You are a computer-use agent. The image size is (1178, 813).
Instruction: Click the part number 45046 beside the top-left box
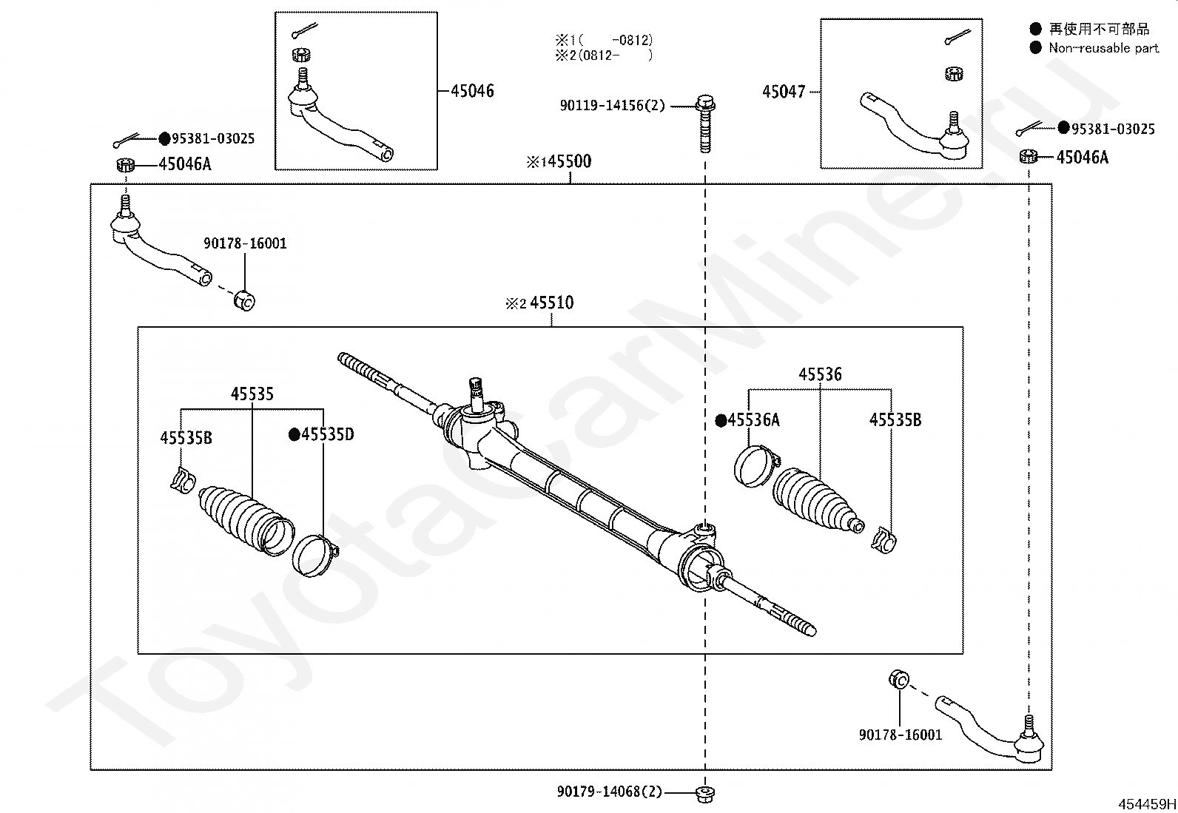472,91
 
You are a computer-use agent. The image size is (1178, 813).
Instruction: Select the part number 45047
784,92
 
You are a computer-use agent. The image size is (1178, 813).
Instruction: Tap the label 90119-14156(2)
612,106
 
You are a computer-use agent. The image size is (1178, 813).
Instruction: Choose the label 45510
551,303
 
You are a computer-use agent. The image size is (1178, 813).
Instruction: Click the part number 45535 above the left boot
252,394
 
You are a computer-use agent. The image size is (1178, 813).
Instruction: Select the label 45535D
327,434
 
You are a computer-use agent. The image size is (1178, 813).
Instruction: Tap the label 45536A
753,420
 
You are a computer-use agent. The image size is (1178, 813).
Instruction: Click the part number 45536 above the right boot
820,374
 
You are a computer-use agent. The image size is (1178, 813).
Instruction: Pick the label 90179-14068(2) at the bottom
610,792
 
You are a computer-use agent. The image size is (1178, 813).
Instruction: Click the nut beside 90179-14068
704,793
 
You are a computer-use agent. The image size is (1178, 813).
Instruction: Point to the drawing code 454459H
1146,803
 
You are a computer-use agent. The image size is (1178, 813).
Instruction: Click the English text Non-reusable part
1103,48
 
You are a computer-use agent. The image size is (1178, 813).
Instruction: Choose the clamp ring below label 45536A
755,467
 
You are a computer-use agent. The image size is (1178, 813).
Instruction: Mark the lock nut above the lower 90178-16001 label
898,678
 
